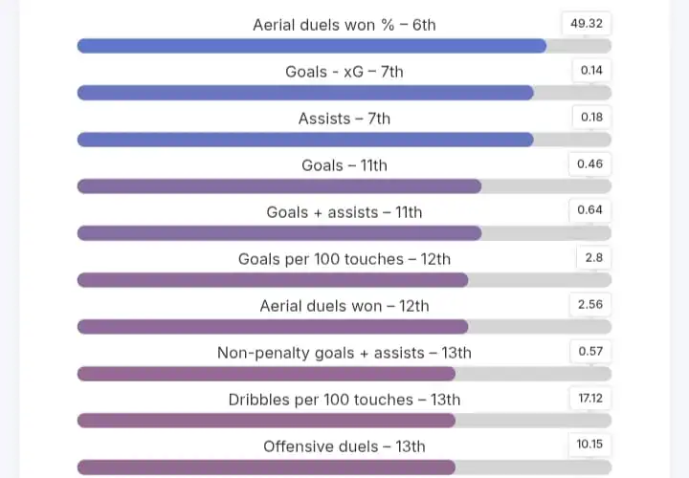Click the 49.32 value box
coord(586,23)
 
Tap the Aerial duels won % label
coord(344,25)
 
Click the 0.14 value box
coord(590,70)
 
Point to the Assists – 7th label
coord(344,119)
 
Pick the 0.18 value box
coord(590,117)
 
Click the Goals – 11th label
coord(344,165)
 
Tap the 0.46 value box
coord(589,163)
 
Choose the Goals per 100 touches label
coord(344,259)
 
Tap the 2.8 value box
coord(592,257)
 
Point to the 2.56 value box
coord(589,304)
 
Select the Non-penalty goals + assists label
coord(344,353)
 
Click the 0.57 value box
coord(589,351)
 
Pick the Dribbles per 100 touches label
coord(344,400)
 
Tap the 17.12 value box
coord(589,398)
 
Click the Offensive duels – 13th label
coord(344,446)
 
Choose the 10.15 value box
coord(589,445)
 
